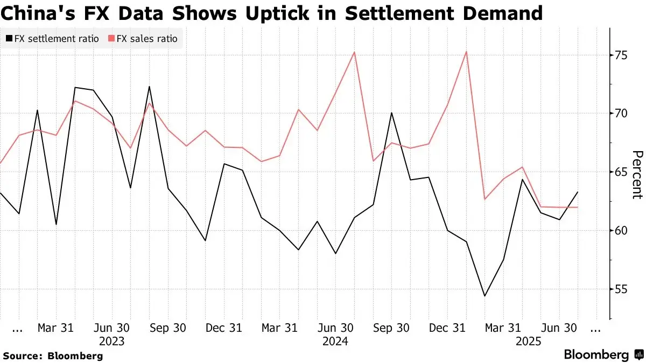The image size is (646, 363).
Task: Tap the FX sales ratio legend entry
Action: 143,39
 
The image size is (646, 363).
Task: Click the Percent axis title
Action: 637,175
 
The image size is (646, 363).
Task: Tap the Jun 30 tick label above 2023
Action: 111,328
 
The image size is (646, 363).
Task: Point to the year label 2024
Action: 335,341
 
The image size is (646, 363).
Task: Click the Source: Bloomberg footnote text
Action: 53,355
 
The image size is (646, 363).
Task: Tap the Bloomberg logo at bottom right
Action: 603,355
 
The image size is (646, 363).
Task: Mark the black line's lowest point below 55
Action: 485,296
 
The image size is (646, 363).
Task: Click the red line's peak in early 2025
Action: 466,52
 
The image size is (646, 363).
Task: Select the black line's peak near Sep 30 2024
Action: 392,113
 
